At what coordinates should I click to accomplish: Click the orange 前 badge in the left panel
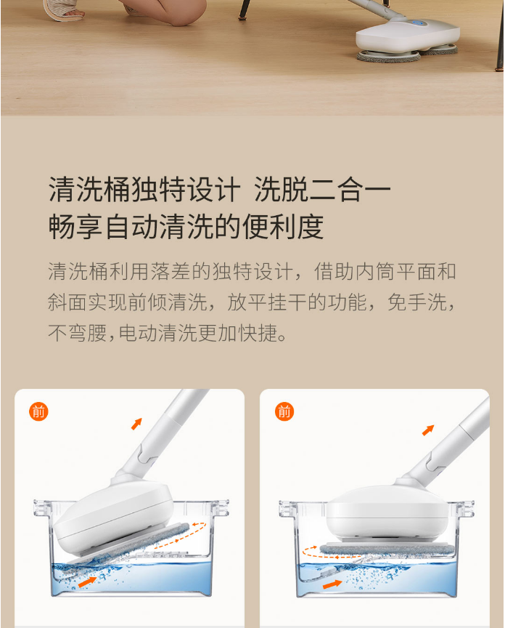(x=38, y=411)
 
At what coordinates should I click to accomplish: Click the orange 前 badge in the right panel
(x=284, y=411)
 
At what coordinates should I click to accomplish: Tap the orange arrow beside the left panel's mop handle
(x=136, y=424)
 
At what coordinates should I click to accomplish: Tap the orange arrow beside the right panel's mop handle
(x=428, y=430)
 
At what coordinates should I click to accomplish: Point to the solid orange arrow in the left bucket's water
(x=88, y=582)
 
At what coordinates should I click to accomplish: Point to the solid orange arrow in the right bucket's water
(x=332, y=584)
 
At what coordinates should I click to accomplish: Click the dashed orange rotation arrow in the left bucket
(x=181, y=535)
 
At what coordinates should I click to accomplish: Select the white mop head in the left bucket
(x=114, y=515)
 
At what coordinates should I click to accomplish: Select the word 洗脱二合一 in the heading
(x=323, y=189)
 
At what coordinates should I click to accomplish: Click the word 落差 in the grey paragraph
(x=171, y=272)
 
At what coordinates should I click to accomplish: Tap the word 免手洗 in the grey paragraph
(x=417, y=302)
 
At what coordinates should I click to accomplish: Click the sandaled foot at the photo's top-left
(x=64, y=10)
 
